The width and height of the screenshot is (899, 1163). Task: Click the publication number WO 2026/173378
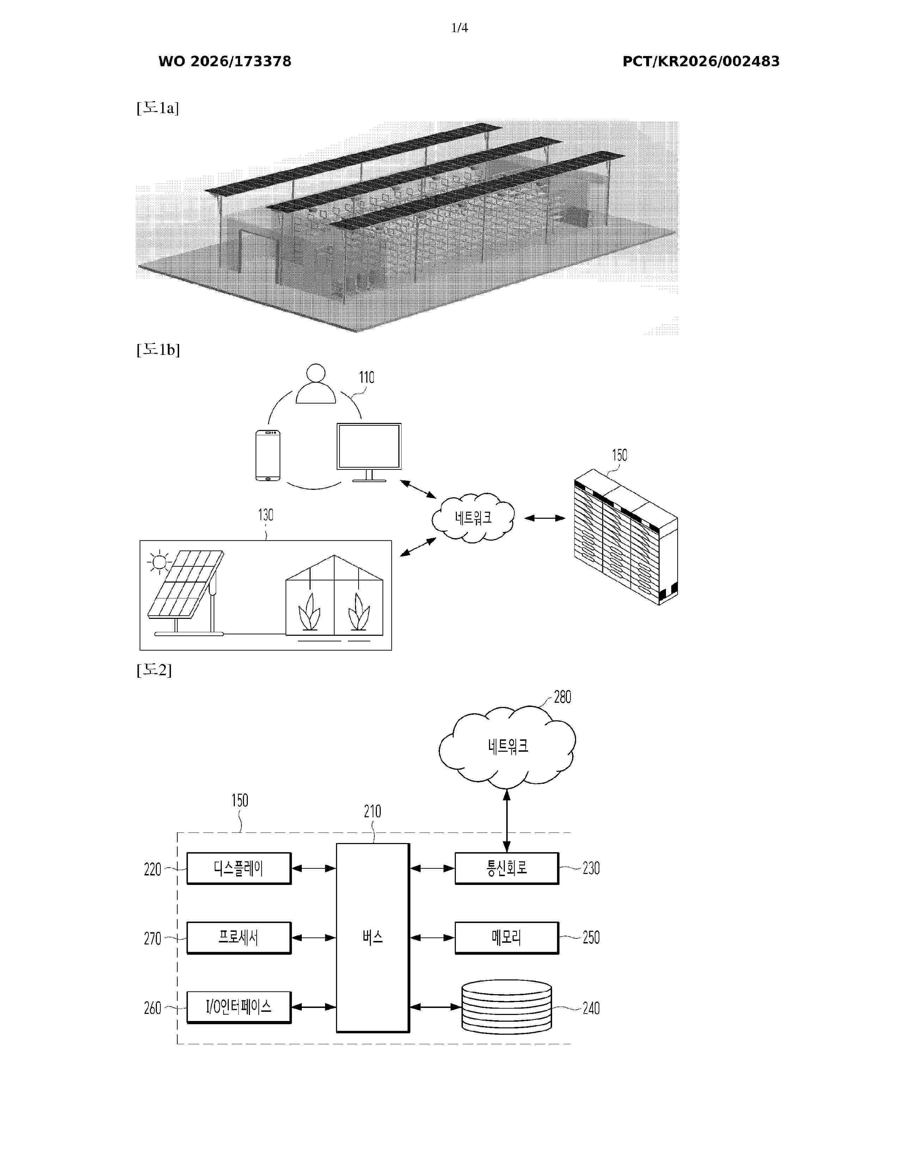(x=225, y=61)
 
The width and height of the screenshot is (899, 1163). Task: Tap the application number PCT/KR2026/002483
(x=701, y=61)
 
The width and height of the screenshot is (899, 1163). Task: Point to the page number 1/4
(x=460, y=28)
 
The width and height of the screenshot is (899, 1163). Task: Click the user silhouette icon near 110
(x=316, y=383)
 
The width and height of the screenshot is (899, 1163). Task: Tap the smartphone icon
(x=268, y=455)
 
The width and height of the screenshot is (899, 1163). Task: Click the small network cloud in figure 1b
(x=473, y=518)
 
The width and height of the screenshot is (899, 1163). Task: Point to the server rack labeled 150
(x=626, y=537)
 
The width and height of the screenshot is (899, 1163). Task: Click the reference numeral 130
(x=266, y=515)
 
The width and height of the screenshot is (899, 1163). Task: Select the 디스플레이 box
(x=239, y=868)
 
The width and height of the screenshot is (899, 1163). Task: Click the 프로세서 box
(x=239, y=938)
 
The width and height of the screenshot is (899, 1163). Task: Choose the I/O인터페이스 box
(x=239, y=1007)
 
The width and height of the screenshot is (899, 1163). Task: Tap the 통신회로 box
(x=507, y=868)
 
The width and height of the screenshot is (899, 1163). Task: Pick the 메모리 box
(x=507, y=938)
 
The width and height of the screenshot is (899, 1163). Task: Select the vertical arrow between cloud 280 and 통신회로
(x=507, y=820)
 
